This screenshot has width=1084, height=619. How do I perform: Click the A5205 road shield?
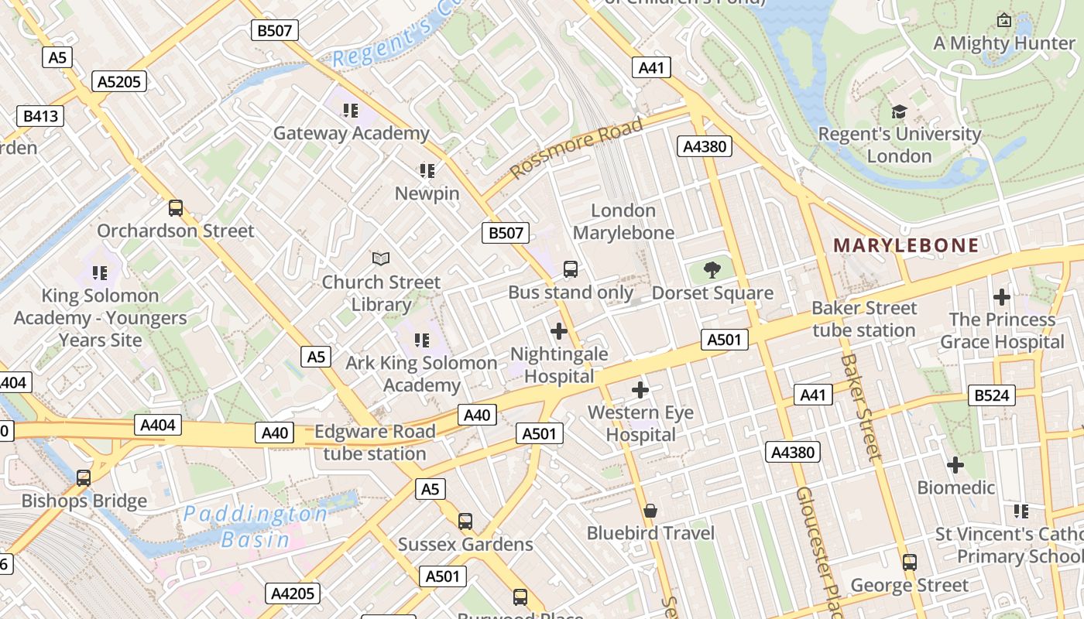(x=119, y=81)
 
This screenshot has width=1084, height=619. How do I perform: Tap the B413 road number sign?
(x=40, y=116)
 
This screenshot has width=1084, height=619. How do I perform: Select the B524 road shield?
(x=991, y=395)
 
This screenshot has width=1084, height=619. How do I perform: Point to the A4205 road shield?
(x=293, y=593)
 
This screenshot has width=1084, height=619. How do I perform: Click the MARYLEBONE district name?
(x=906, y=245)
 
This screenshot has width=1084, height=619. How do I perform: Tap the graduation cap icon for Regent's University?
(x=899, y=112)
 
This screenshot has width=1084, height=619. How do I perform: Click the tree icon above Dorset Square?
(x=712, y=270)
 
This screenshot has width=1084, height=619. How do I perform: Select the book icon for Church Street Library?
(x=380, y=258)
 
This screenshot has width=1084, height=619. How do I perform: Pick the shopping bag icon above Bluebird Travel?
(x=650, y=511)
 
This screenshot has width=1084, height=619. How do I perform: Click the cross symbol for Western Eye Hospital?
(x=640, y=389)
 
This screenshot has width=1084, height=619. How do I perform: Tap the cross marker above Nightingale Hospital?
(x=558, y=331)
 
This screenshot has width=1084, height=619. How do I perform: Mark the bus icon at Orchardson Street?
(x=176, y=207)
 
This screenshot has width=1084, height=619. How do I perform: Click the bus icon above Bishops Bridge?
(x=84, y=477)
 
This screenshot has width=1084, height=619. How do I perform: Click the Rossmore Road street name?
(x=578, y=146)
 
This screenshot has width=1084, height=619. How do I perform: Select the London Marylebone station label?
(x=623, y=221)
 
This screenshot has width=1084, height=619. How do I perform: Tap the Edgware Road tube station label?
(x=375, y=443)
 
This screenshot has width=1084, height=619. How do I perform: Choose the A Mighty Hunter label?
(x=1003, y=43)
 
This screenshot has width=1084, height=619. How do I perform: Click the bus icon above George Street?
(x=910, y=562)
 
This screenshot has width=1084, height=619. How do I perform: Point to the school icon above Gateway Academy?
(x=351, y=111)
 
